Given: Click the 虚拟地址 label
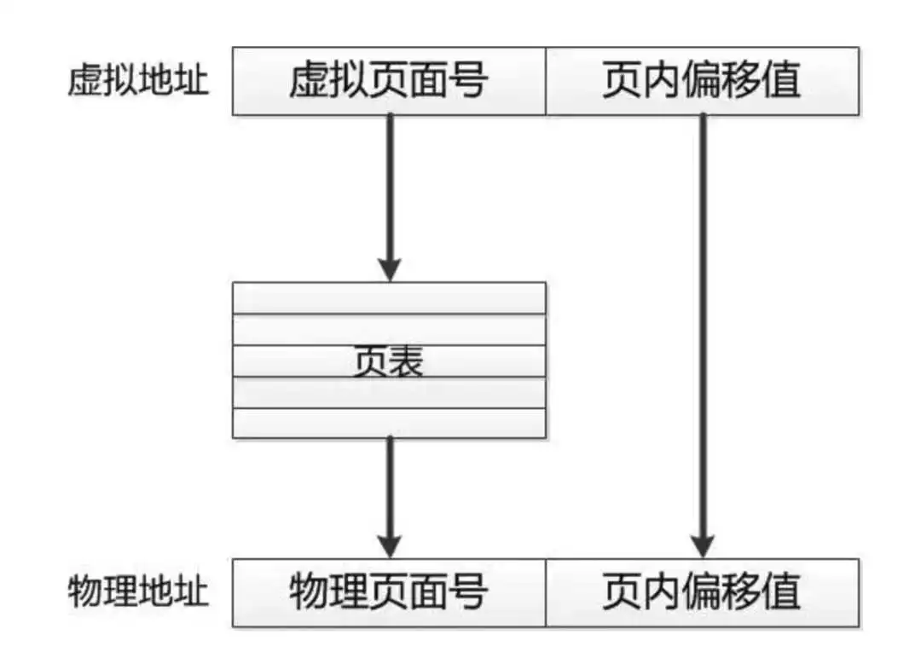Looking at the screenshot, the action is tap(138, 80).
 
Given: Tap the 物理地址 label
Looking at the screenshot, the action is tap(138, 591).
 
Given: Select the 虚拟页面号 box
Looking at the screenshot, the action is tap(389, 81).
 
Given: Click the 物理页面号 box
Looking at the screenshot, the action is tap(389, 592).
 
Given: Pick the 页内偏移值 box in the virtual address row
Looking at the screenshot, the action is tap(703, 81).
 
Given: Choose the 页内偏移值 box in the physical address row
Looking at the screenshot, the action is tap(703, 592).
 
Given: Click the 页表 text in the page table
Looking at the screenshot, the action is tap(389, 361).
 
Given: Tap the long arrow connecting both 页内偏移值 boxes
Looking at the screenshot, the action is tap(703, 337).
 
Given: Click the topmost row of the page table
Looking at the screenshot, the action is tap(389, 298).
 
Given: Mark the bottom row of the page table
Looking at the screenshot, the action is tap(389, 423).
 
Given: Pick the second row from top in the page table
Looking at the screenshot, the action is tap(389, 330).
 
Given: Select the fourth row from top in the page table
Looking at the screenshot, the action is tap(389, 393).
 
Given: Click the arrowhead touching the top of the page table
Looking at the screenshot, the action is tap(390, 270).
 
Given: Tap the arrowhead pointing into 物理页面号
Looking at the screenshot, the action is tap(390, 546).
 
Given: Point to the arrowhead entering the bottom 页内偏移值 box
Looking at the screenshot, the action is tap(703, 546).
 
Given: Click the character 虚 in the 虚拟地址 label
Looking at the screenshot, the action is tap(85, 80).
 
